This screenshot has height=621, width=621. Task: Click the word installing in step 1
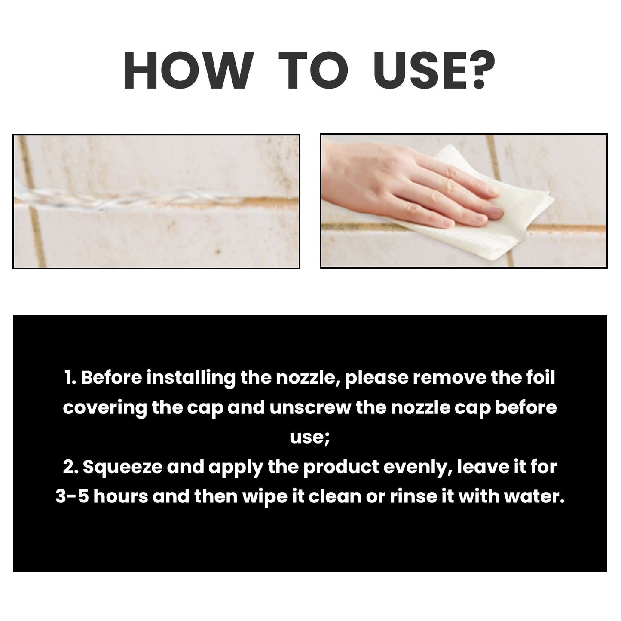[x=191, y=378]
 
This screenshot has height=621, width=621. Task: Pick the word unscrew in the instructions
[x=310, y=407]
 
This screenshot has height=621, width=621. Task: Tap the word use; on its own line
[x=310, y=437]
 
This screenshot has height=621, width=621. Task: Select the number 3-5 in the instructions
[x=72, y=497]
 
